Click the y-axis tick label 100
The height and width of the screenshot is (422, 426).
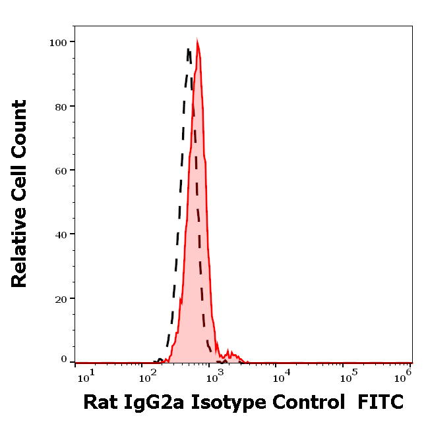click(58, 42)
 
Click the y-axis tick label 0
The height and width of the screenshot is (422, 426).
click(64, 359)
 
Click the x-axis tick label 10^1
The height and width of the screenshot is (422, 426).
click(86, 375)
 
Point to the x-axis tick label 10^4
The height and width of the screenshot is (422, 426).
click(281, 375)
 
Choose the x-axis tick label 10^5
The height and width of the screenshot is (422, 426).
click(346, 375)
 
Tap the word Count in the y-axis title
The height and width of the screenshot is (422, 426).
click(19, 126)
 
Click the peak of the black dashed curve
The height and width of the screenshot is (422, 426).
click(189, 48)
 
